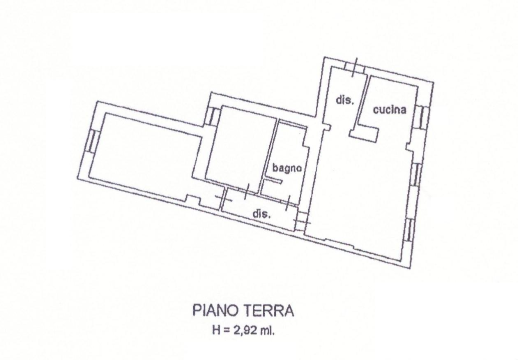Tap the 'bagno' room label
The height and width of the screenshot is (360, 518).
(286, 168)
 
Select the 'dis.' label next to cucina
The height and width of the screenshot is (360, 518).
(345, 100)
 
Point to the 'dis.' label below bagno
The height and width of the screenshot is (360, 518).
(261, 214)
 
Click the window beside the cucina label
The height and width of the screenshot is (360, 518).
(423, 117)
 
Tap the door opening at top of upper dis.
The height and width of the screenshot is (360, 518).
(355, 67)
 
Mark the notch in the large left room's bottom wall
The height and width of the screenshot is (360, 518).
(193, 199)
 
